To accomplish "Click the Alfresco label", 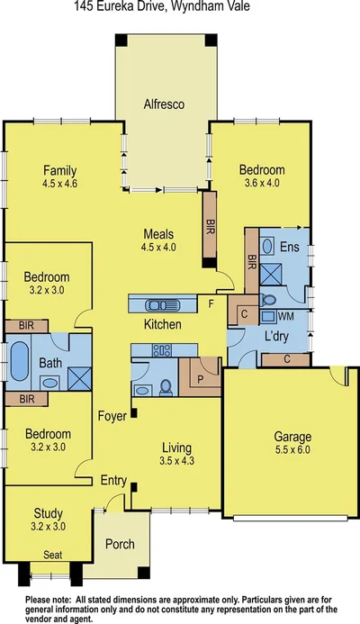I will click(165, 105).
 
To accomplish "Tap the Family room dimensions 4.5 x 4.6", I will click(60, 185).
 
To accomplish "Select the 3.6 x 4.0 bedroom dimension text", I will click(262, 184).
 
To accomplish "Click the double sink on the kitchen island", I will click(160, 303).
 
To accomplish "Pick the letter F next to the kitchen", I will click(211, 303).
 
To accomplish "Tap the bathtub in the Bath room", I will click(19, 362).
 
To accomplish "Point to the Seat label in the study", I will click(53, 556).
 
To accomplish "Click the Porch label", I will click(120, 544).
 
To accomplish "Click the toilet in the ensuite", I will click(268, 299).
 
